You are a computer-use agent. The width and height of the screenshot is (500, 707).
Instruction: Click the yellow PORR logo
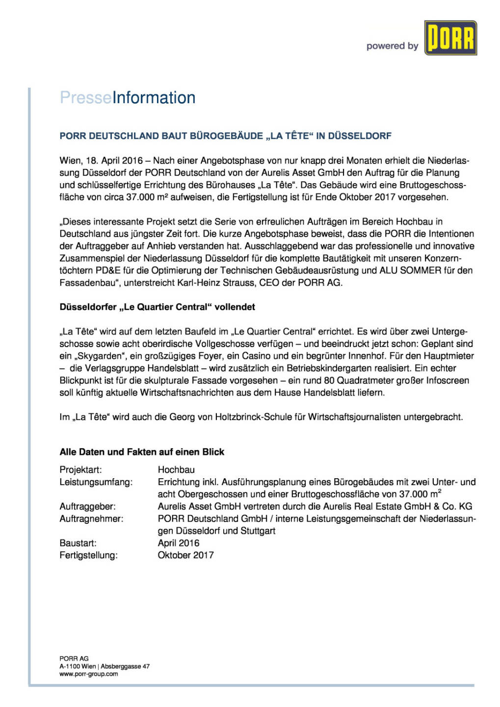pos(450,38)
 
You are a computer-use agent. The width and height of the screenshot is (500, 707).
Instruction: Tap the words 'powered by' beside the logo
pos(392,46)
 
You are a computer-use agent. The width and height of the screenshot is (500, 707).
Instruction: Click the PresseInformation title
pos(128,98)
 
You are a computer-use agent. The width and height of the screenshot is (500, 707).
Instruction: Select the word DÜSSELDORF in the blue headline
pos(360,136)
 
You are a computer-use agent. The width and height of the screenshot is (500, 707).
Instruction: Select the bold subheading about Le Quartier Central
pos(157,307)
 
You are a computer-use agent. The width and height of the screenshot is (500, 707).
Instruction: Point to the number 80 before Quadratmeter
pos(329,381)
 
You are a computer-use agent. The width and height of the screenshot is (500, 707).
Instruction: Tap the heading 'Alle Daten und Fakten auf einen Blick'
pos(142,452)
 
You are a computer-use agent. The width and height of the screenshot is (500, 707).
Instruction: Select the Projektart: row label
pos(80,470)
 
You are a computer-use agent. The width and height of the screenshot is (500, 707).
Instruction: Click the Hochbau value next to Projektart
pos(176,470)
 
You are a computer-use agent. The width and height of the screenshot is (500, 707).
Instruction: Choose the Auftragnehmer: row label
pos(91,519)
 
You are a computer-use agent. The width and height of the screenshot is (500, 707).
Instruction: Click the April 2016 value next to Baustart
pos(179,543)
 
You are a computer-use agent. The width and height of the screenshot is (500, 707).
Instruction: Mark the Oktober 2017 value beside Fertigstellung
pos(185,555)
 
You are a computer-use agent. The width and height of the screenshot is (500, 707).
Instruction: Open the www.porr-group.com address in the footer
pos(89,674)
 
